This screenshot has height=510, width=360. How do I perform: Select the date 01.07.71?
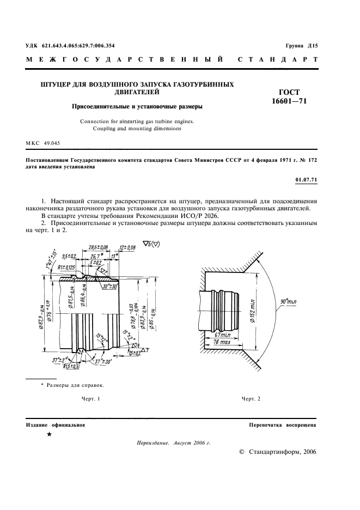[306, 179]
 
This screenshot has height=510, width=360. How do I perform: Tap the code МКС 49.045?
[42, 143]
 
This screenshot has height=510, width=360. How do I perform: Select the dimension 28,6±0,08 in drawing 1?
[97, 247]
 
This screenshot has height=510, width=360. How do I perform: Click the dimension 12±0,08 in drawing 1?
[129, 247]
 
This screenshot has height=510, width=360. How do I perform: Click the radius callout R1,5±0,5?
[71, 366]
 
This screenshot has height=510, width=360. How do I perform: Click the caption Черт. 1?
[91, 399]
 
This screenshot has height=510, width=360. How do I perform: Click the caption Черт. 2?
[251, 399]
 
